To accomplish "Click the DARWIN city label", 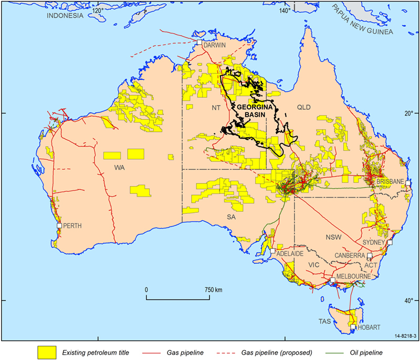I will point(215,46).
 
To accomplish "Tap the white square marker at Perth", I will point(59,225).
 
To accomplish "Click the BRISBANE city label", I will point(390,181).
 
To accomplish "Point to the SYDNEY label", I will point(374,242).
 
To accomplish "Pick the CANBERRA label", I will point(350,255).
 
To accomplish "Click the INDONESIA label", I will point(65,16).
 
